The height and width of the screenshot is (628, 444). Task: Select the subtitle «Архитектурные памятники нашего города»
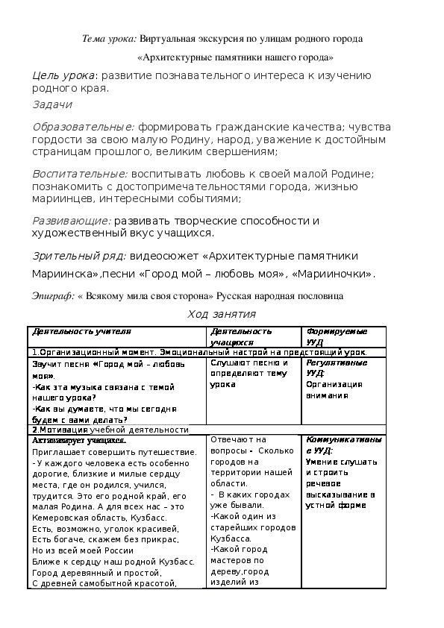point(236,57)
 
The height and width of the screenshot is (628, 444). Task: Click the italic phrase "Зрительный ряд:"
point(79,256)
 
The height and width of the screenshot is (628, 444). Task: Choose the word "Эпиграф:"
point(53,295)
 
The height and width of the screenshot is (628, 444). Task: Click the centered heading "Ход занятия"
point(222,314)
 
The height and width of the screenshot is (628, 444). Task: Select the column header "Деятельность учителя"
point(81,331)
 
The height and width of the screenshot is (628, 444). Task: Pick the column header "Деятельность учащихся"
point(241,336)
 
